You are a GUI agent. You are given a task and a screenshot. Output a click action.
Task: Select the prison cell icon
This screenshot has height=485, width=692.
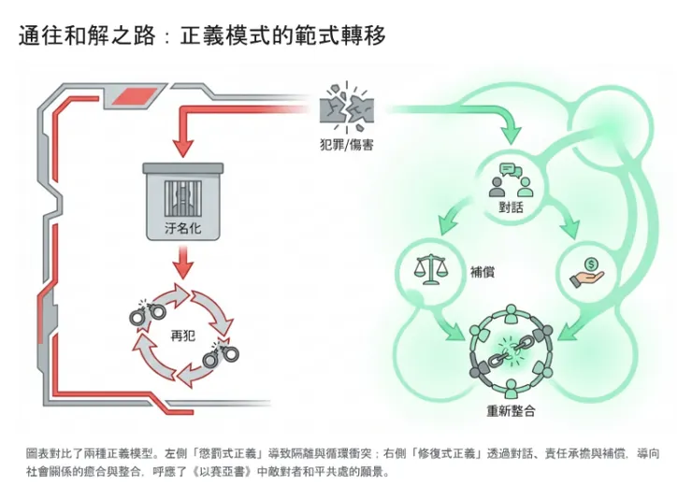pos(183,191)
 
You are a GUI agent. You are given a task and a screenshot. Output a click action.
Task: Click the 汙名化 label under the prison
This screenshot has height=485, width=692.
pos(183,229)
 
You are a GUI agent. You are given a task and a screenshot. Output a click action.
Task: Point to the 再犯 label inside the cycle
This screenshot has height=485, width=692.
pos(183,334)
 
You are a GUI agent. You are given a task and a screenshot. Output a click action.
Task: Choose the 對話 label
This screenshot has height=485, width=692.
pos(511,207)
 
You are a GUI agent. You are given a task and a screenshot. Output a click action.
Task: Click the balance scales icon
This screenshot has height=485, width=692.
pos(430,271)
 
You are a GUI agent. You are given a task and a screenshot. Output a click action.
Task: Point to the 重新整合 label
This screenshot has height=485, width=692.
pos(511,410)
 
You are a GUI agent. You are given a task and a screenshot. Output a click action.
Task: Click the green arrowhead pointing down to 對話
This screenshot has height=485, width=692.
pos(511,135)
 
